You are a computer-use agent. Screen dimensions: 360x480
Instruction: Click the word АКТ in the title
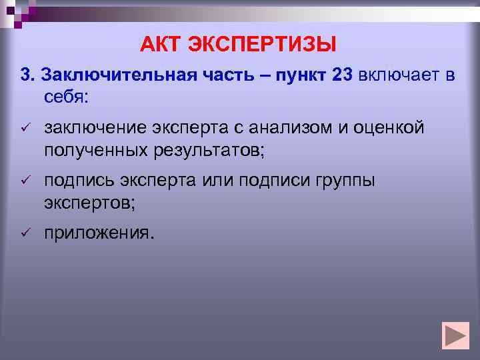[x=160, y=45]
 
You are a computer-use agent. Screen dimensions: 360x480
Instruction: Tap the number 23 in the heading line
[x=341, y=75]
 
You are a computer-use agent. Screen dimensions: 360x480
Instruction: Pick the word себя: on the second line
[x=66, y=97]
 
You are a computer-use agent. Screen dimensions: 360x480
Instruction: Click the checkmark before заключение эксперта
[x=26, y=127]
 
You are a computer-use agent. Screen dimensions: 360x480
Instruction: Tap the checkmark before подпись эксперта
[x=26, y=181]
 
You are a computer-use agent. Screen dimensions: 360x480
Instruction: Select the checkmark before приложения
[x=26, y=233]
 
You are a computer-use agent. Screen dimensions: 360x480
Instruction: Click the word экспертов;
[x=89, y=202]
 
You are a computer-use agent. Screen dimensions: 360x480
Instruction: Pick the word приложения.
[x=99, y=233]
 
